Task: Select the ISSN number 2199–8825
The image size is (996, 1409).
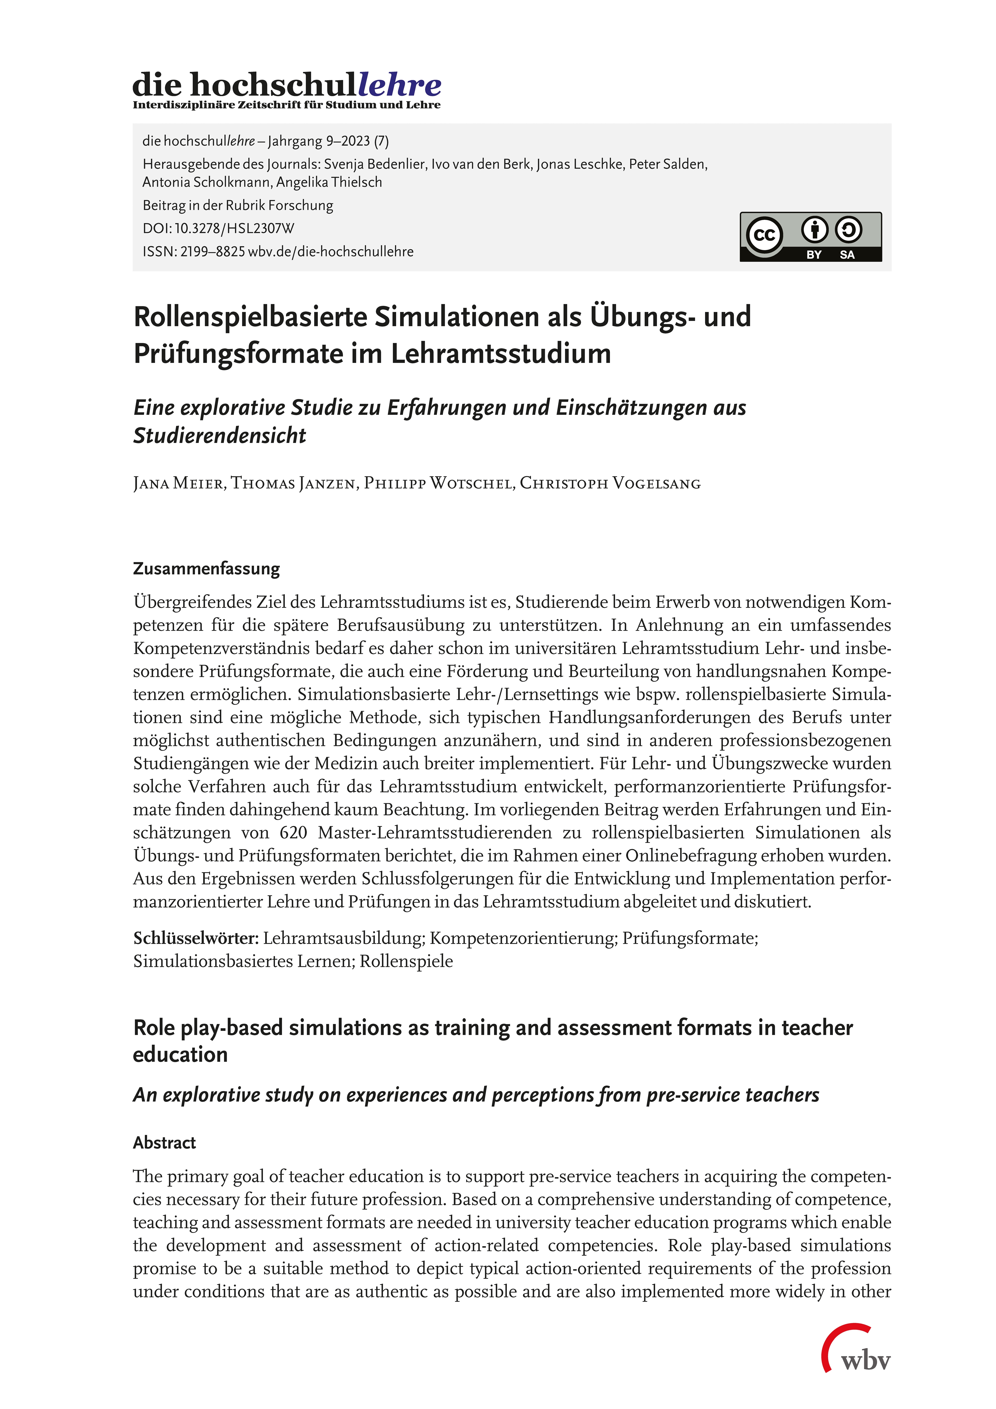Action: tap(212, 252)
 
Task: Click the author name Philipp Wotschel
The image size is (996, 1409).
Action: tap(439, 484)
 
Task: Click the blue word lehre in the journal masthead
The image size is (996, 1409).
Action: tap(400, 85)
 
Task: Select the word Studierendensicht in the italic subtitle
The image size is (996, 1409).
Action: tap(220, 436)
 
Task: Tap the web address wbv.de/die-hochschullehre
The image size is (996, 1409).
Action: tap(331, 252)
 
